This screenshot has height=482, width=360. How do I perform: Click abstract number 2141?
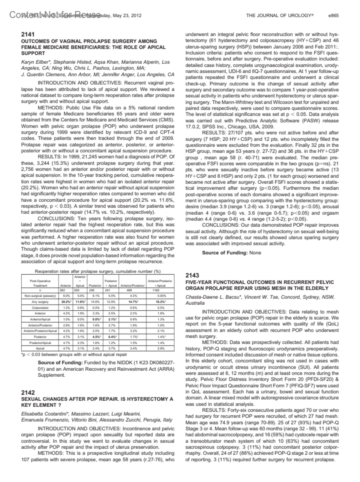point(28,35)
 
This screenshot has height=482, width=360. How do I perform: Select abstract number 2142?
point(28,393)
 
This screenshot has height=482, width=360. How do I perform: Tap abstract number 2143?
point(192,276)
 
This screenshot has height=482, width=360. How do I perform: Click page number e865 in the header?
point(334,15)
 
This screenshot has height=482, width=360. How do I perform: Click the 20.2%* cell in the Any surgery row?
point(66,302)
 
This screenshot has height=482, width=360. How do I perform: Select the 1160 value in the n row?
point(156,290)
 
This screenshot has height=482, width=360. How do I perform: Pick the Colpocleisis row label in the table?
point(40,308)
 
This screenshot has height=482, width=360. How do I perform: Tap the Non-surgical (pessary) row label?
point(40,296)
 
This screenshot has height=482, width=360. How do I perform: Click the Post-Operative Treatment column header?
point(40,283)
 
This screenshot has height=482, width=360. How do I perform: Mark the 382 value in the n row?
point(62,290)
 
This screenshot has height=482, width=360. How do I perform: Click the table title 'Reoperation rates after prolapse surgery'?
point(97,271)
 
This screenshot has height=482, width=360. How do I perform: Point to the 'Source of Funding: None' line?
point(231,253)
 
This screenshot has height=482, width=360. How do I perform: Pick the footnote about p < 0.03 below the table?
point(74,354)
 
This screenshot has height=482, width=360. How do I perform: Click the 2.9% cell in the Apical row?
point(161,348)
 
